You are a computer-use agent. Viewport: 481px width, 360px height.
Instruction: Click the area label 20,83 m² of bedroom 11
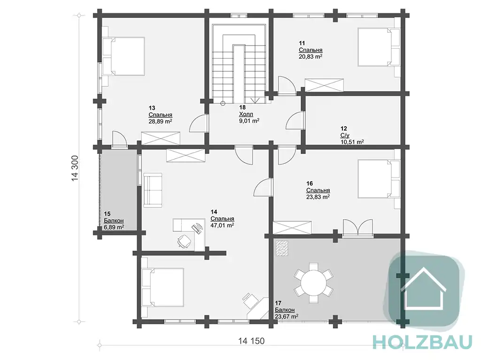[x=310, y=57]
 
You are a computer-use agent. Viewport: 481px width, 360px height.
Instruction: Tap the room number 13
[x=152, y=108]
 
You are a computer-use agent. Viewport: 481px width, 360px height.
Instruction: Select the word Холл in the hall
[x=246, y=115]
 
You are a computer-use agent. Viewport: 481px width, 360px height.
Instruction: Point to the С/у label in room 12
[x=345, y=135]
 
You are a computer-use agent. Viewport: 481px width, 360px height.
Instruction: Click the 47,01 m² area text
[x=222, y=225]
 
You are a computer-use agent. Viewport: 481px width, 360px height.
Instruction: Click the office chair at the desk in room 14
[x=185, y=241]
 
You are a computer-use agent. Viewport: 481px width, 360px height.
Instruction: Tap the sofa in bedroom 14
[x=153, y=190]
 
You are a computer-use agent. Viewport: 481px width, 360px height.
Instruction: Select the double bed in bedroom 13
[x=124, y=56]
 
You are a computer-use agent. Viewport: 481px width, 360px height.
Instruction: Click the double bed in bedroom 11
[x=379, y=47]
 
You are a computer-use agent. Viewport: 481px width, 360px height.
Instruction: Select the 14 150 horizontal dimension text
[x=251, y=341]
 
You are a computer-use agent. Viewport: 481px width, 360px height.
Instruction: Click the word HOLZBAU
[x=422, y=342]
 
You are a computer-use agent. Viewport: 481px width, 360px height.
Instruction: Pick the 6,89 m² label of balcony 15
[x=114, y=227]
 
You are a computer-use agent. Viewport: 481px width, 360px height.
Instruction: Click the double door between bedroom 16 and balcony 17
[x=357, y=228]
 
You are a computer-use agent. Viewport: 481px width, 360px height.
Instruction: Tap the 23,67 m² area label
[x=287, y=316]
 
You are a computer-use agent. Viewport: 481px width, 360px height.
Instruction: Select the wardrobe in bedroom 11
[x=324, y=85]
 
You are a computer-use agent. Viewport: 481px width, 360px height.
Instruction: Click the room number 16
[x=310, y=184]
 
